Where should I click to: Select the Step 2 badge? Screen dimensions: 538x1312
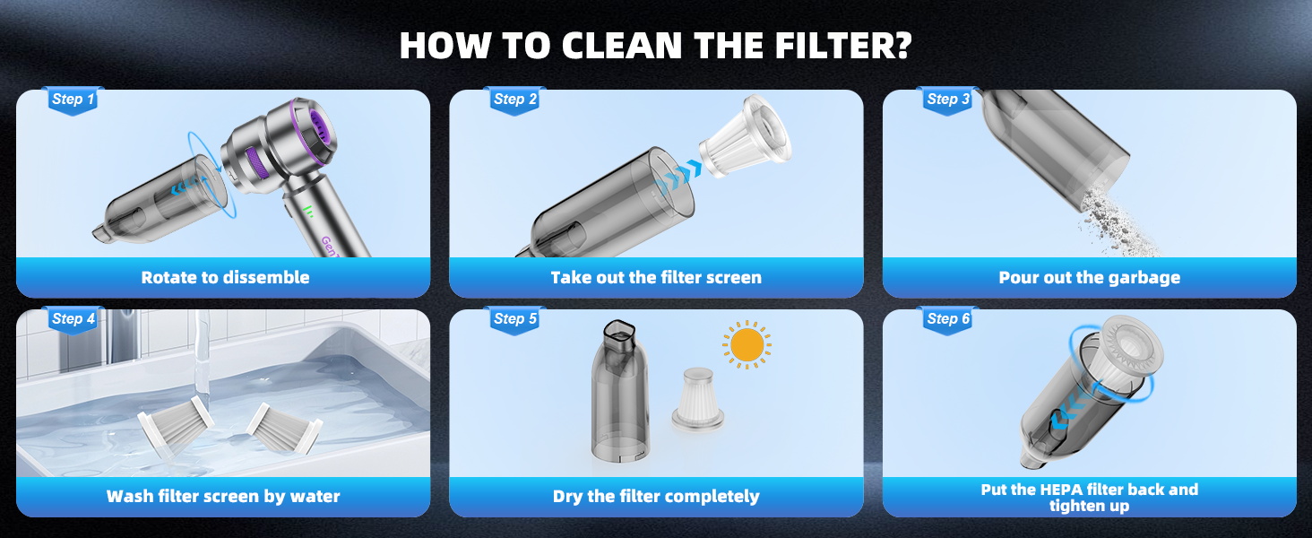(515, 100)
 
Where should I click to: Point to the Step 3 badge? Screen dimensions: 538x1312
(948, 100)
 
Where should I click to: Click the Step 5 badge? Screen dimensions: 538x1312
(515, 319)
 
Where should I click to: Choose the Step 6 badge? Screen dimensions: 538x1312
(948, 319)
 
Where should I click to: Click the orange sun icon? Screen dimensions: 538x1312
(747, 345)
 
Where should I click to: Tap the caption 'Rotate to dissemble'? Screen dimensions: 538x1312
(225, 278)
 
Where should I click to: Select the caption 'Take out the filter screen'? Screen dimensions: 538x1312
(656, 278)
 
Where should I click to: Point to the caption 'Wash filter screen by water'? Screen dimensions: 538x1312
(223, 497)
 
